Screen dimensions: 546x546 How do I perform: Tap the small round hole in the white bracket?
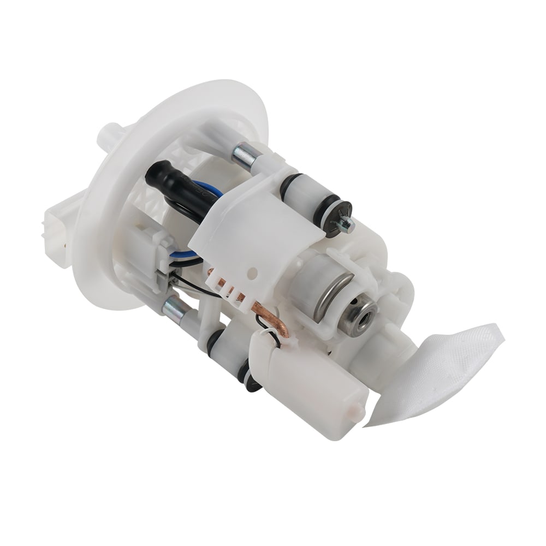pos(253,270)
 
